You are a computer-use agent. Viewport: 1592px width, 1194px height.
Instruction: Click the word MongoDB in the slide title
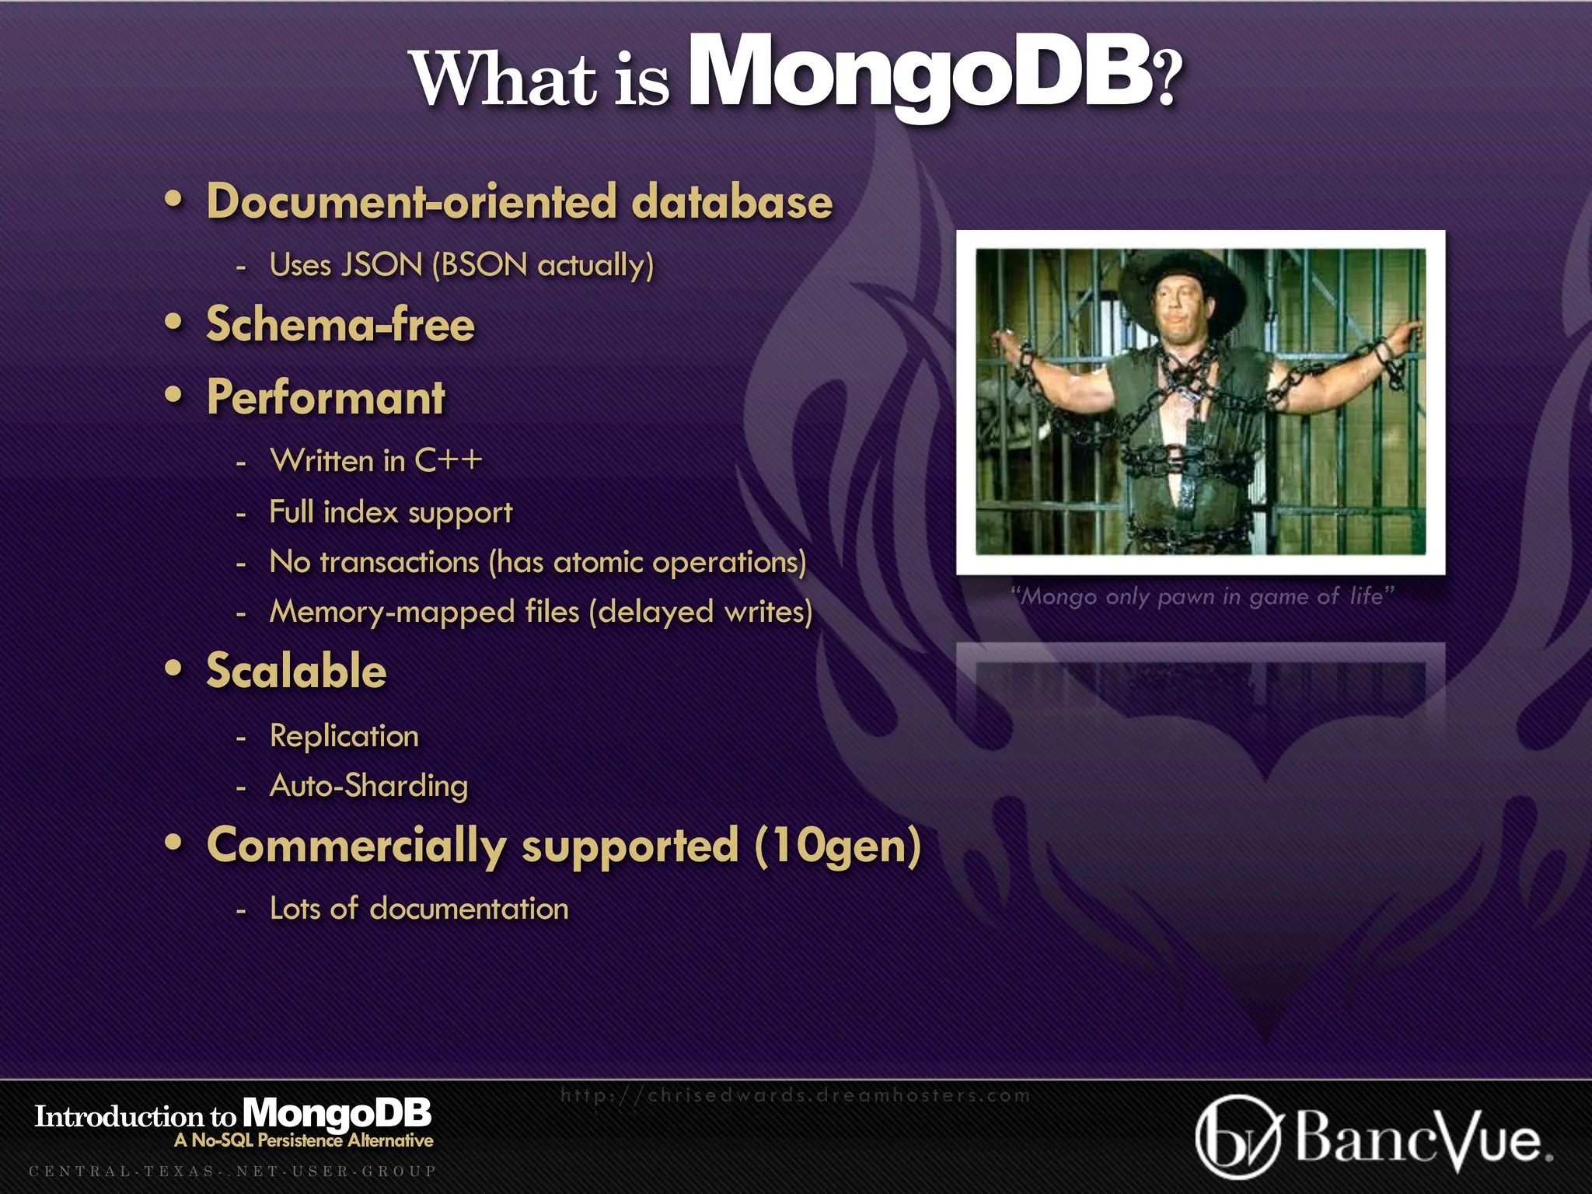921,74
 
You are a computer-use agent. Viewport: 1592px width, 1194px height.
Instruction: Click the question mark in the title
1168,78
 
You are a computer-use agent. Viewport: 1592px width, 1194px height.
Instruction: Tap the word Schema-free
340,324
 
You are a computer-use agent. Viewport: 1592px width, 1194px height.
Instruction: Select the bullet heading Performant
326,398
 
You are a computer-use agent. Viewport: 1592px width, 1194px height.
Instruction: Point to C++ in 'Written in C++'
449,460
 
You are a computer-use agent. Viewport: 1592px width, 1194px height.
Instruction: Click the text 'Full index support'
390,512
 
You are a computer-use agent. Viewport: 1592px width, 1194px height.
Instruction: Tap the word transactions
400,562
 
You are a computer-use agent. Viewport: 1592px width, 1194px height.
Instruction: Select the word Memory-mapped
392,612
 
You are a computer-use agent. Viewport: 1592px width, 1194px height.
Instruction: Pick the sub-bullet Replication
344,736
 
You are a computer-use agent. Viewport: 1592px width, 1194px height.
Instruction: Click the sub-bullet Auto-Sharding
368,786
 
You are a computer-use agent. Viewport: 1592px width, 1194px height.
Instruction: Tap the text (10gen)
838,846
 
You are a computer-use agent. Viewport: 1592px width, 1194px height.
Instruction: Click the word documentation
470,909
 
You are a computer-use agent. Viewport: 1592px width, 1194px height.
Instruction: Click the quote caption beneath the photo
1202,596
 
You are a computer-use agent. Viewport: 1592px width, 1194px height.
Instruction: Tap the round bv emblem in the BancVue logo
1237,1137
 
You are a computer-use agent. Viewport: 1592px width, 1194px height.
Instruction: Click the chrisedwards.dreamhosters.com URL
795,1095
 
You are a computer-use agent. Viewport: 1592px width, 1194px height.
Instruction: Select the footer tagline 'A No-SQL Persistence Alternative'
304,1140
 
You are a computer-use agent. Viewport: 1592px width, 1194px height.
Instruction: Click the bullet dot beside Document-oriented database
174,201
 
